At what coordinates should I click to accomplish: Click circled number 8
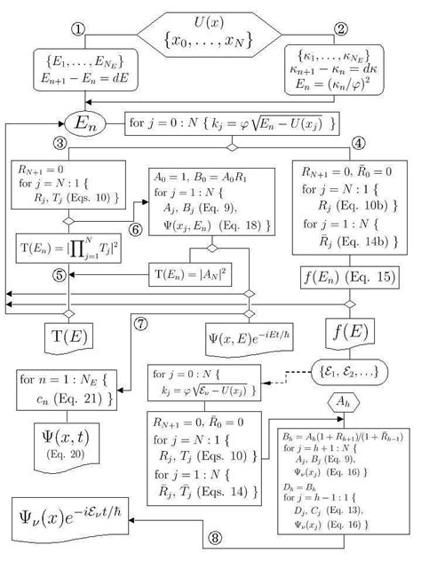(215, 537)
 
